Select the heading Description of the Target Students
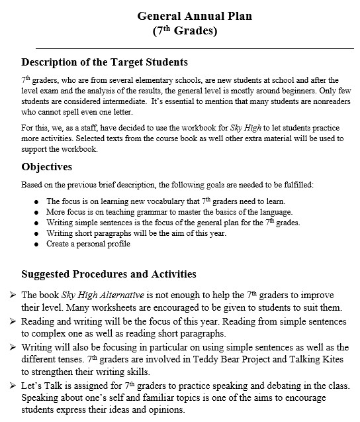pyautogui.click(x=105, y=62)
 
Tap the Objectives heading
pyautogui.click(x=47, y=166)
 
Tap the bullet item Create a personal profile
pyautogui.click(x=88, y=244)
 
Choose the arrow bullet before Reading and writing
pyautogui.click(x=13, y=321)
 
